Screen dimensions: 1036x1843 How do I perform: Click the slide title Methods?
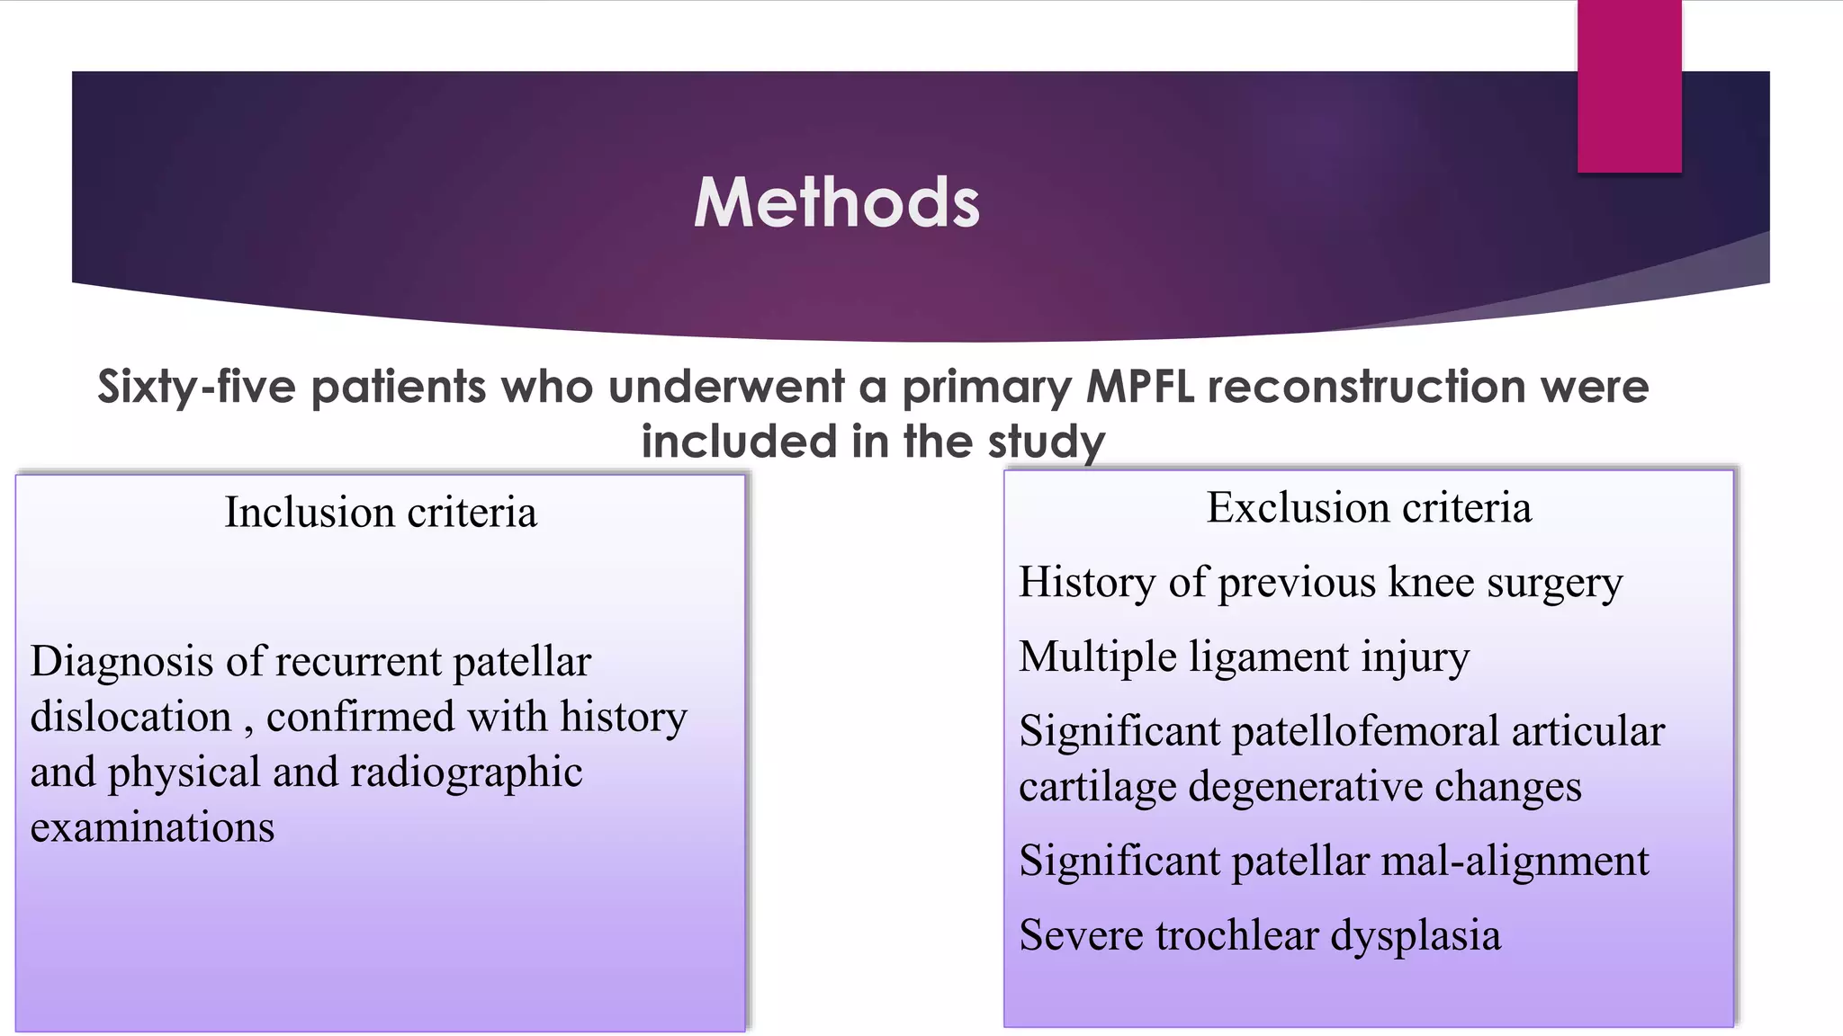[836, 202]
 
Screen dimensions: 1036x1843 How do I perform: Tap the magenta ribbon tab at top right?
[1629, 85]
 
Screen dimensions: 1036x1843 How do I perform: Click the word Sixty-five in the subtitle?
[196, 388]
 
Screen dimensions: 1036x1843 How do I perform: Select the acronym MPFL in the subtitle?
[1140, 388]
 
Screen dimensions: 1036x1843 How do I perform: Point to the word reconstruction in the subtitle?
[1365, 388]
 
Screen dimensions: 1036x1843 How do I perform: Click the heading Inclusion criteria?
[381, 513]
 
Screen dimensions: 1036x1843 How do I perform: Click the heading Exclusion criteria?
[1369, 508]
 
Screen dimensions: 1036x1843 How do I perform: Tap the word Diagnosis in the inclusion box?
[121, 663]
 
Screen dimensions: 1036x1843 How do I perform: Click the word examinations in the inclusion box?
[152, 827]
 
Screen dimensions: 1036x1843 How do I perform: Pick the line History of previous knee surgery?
[1320, 583]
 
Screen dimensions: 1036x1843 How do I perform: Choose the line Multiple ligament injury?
[1244, 656]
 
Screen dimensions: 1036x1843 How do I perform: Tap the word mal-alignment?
[1515, 862]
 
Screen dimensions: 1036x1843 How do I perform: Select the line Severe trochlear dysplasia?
[1260, 935]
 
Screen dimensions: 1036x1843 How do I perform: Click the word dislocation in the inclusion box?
[131, 718]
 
